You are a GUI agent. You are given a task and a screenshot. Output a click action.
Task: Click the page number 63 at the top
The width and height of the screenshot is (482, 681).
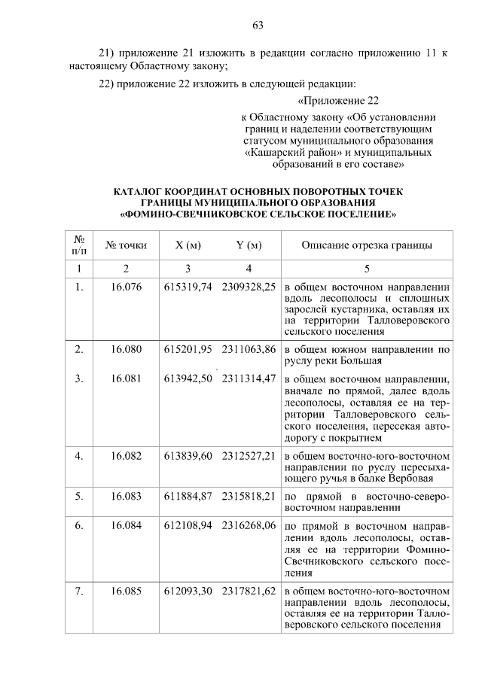[257, 26]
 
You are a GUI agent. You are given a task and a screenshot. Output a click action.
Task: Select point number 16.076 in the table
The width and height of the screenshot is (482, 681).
[127, 287]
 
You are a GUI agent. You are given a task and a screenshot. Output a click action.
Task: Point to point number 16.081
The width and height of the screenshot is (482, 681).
[127, 378]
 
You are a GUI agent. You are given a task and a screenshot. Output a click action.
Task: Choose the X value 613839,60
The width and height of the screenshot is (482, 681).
[188, 456]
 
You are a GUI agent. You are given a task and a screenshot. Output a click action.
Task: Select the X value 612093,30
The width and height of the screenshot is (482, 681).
[188, 591]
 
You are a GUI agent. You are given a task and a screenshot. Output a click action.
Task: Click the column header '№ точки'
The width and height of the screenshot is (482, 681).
[127, 245]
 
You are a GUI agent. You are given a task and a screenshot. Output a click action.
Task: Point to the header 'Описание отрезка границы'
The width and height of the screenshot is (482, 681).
[367, 245]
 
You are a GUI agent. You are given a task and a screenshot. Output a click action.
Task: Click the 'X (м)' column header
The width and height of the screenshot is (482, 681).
[188, 245]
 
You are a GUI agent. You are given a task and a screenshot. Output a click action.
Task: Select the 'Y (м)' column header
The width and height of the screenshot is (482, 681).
[249, 245]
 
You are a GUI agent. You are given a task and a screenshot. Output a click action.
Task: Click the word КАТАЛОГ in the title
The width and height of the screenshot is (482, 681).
[138, 192]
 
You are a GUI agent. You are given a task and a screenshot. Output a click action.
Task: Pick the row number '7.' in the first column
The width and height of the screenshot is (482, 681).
[78, 591]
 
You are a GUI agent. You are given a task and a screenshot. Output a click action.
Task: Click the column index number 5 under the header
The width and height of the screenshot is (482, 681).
[367, 269]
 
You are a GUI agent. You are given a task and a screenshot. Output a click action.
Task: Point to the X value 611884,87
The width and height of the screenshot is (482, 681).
[188, 497]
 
